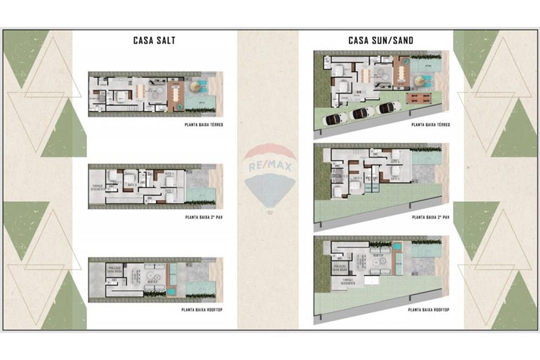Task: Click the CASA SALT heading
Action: coord(154,40)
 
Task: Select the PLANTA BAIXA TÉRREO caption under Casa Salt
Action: coord(202,125)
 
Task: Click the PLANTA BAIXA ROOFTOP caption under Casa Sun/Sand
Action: coord(429,310)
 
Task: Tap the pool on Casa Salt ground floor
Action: coord(201,101)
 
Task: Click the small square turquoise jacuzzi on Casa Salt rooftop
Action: coord(171,291)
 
